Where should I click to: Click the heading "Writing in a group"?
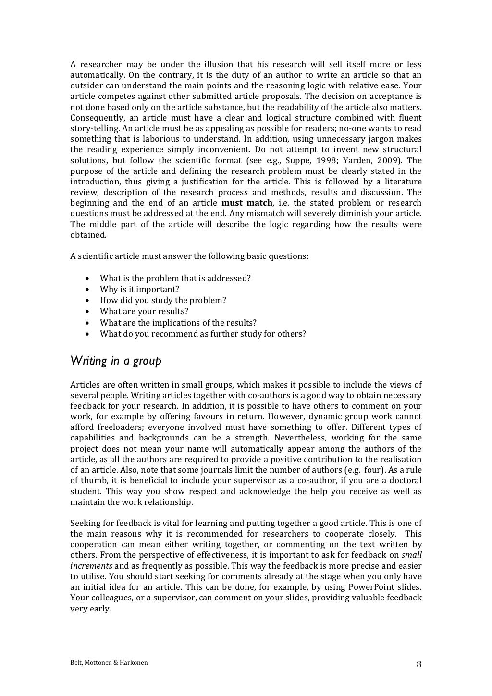(x=115, y=361)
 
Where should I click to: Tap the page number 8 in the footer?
(x=419, y=665)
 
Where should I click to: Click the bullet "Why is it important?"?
(x=139, y=289)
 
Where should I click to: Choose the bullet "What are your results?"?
(x=144, y=311)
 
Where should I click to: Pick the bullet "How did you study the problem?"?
(x=163, y=300)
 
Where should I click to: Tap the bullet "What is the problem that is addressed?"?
(x=175, y=278)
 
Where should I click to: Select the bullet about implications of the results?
(x=178, y=323)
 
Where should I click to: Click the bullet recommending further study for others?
(x=202, y=334)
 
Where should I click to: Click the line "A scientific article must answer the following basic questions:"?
(x=189, y=256)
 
